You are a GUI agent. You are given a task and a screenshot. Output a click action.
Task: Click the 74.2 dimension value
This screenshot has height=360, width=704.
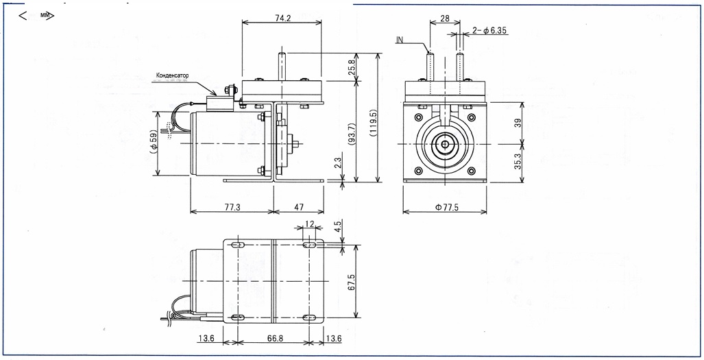[282, 19]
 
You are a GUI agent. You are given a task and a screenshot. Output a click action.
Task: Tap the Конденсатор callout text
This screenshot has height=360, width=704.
[172, 75]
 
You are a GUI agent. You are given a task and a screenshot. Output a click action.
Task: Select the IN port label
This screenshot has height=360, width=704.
[400, 40]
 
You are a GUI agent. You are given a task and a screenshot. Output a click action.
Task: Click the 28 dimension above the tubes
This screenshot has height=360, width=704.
[445, 19]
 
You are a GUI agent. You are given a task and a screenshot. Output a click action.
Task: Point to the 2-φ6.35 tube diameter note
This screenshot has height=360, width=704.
[490, 31]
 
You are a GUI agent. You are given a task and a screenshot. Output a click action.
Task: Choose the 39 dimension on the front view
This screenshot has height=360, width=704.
[518, 123]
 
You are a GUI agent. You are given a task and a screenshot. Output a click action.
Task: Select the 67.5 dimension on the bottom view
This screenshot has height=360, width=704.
[352, 281]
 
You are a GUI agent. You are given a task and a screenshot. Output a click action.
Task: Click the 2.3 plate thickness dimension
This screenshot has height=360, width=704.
[338, 163]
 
